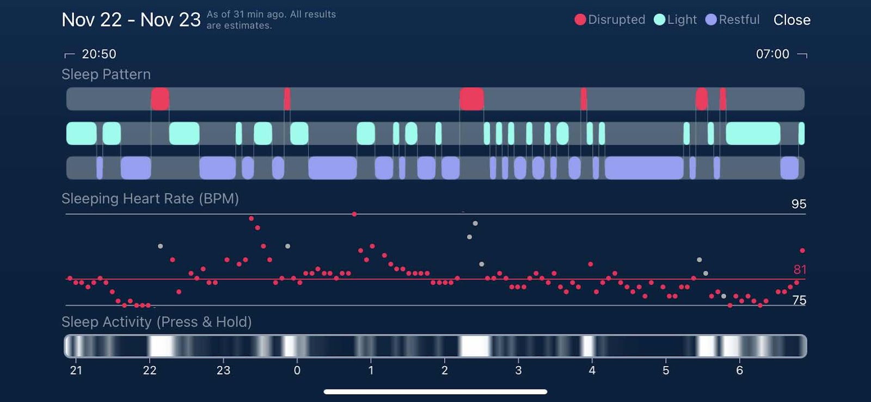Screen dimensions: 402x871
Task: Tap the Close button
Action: [792, 20]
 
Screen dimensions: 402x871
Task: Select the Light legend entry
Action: [676, 20]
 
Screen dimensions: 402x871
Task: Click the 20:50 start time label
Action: [99, 54]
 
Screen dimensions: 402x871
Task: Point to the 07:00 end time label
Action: [772, 54]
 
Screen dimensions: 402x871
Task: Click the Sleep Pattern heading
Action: [106, 75]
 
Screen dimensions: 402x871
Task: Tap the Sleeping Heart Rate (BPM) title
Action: [150, 199]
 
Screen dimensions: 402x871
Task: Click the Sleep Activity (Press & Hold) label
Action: [156, 322]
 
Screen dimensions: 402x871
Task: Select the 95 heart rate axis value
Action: [799, 204]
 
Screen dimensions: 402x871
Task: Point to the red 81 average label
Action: [800, 270]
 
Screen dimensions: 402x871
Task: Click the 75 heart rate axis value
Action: [799, 300]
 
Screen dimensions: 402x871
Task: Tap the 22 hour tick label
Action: [150, 370]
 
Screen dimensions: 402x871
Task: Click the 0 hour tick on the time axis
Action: [297, 370]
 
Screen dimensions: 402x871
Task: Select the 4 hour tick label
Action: [592, 370]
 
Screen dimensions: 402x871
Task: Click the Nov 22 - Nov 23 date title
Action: [131, 20]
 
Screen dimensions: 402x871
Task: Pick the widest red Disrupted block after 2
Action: [471, 99]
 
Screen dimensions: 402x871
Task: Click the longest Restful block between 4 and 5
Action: [644, 168]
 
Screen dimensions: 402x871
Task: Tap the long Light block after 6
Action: [753, 133]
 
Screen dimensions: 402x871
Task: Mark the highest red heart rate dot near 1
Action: [354, 214]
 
